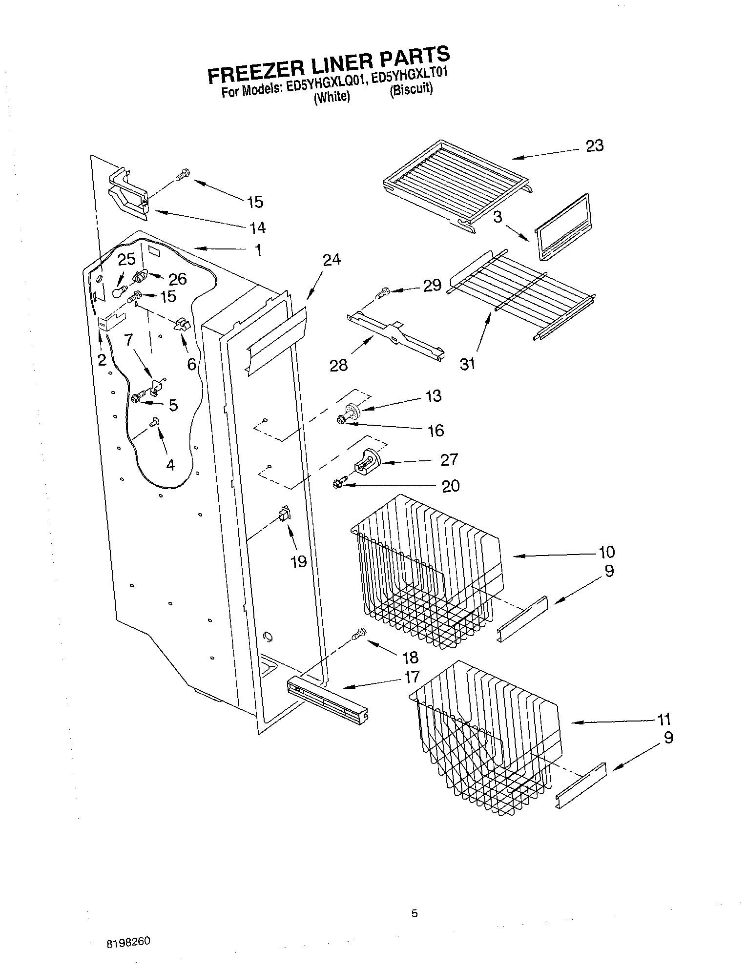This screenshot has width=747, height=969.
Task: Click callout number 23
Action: tap(594, 145)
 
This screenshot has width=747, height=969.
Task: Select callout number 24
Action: tap(332, 260)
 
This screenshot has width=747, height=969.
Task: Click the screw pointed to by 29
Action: tap(382, 294)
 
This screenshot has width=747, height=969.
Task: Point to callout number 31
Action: tap(467, 364)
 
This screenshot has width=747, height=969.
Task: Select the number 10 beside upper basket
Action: tap(606, 552)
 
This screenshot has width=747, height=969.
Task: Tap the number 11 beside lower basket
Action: tap(664, 720)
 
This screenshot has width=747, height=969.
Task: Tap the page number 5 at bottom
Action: tap(414, 913)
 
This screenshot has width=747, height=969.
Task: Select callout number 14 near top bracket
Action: tap(257, 227)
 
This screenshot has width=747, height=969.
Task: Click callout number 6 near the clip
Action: tap(191, 364)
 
